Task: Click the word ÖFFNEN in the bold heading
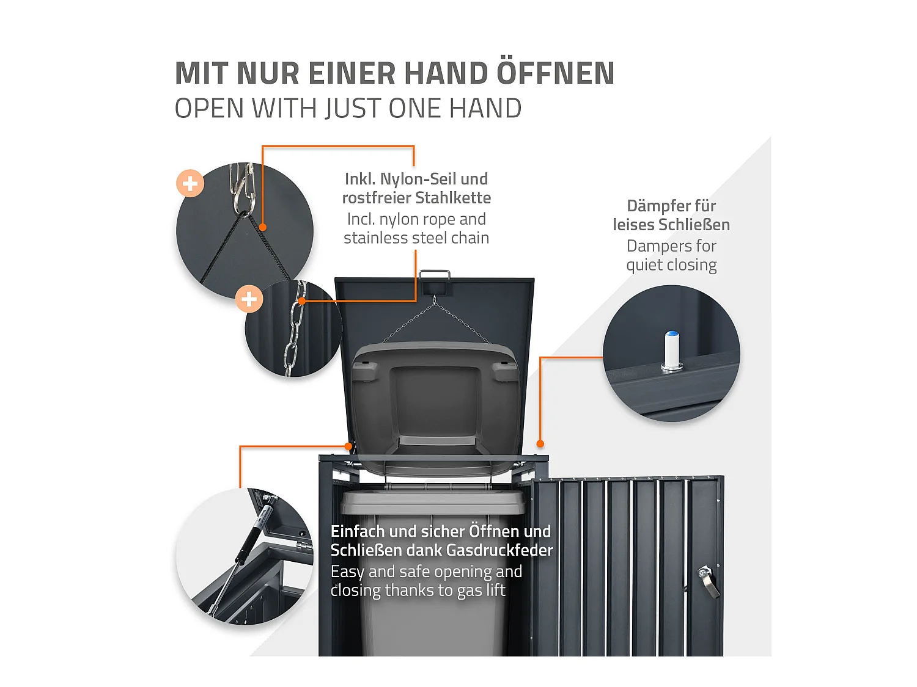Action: coord(556,73)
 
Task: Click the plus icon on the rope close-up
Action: coord(190,183)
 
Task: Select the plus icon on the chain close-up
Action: coord(249,299)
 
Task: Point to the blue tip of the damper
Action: coord(672,334)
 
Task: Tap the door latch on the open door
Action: coord(708,581)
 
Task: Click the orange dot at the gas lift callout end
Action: coord(348,446)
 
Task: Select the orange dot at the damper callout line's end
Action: coord(540,443)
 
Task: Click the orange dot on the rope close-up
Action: coord(262,227)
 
